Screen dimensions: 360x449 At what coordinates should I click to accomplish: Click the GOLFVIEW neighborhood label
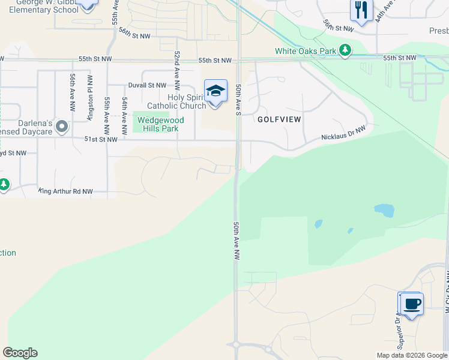[279, 119]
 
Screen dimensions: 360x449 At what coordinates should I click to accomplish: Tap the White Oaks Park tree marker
[345, 51]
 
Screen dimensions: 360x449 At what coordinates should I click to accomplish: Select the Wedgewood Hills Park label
[160, 124]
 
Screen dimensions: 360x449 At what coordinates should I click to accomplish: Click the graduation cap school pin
[215, 91]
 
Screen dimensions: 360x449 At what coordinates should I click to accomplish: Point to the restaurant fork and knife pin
[361, 10]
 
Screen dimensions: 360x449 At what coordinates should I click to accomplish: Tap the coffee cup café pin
[411, 304]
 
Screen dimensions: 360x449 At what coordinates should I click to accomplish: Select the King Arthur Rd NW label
[66, 191]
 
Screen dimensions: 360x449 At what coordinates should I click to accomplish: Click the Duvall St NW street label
[146, 86]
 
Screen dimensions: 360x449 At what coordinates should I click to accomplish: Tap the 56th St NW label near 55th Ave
[134, 34]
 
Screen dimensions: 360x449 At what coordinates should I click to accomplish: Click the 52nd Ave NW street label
[177, 67]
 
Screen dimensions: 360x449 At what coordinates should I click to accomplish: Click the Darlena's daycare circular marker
[61, 125]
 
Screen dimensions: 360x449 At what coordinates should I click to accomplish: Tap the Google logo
[20, 353]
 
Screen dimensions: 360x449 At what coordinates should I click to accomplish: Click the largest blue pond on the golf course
[384, 210]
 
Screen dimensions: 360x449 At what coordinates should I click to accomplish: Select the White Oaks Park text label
[306, 51]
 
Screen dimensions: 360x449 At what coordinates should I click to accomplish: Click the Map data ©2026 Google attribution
[412, 355]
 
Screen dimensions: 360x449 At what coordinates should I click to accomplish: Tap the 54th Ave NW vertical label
[125, 110]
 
